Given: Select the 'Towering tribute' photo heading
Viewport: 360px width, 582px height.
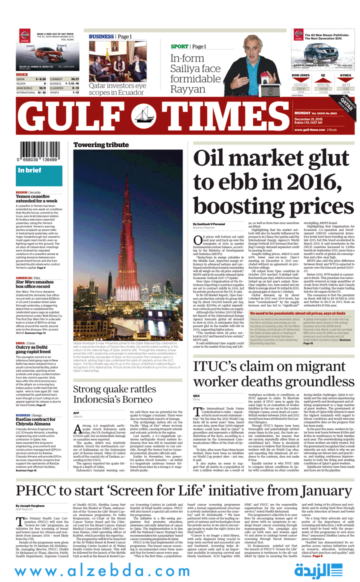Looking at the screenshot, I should point(93,145).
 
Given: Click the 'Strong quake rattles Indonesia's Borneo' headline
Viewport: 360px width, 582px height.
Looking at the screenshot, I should point(114,394).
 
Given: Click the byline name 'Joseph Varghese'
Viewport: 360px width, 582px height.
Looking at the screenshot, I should point(30,505).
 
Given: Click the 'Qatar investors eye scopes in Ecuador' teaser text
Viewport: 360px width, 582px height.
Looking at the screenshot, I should point(118,89).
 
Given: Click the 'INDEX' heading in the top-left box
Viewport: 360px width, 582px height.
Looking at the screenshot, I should point(22,74).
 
